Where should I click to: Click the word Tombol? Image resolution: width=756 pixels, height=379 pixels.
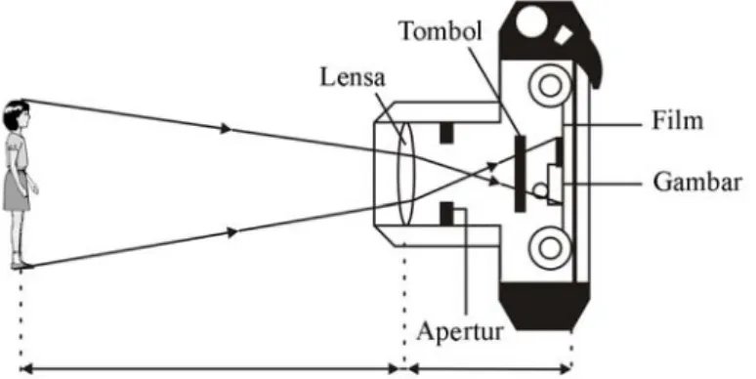point(441,32)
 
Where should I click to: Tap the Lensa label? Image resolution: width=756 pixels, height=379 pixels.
point(353,77)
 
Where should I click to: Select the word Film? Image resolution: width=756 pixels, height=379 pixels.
point(678,120)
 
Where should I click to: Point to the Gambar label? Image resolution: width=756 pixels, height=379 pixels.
point(697,183)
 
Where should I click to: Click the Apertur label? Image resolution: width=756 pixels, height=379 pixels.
point(460,331)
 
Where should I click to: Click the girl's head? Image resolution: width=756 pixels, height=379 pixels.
point(16,114)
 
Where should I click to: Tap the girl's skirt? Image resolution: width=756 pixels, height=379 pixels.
point(17,191)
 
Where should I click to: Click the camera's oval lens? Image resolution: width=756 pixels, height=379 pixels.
point(405,174)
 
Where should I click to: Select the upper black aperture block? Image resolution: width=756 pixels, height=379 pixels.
point(447,133)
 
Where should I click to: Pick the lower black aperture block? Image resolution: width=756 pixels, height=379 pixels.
point(447,214)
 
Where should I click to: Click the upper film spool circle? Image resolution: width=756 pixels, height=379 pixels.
point(549,86)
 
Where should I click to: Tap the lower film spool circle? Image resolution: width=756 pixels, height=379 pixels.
point(549,247)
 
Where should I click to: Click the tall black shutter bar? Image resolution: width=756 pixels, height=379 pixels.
point(521,174)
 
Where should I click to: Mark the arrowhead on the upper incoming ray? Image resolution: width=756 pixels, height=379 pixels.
point(226,129)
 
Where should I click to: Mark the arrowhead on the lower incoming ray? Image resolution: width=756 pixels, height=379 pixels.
point(232,232)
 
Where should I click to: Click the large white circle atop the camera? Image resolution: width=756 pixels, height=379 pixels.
point(531,21)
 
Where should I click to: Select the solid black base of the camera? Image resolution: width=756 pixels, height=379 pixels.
point(545,305)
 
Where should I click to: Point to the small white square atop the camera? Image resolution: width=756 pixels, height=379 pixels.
point(563,36)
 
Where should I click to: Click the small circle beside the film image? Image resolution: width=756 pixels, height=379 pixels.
point(540,190)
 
